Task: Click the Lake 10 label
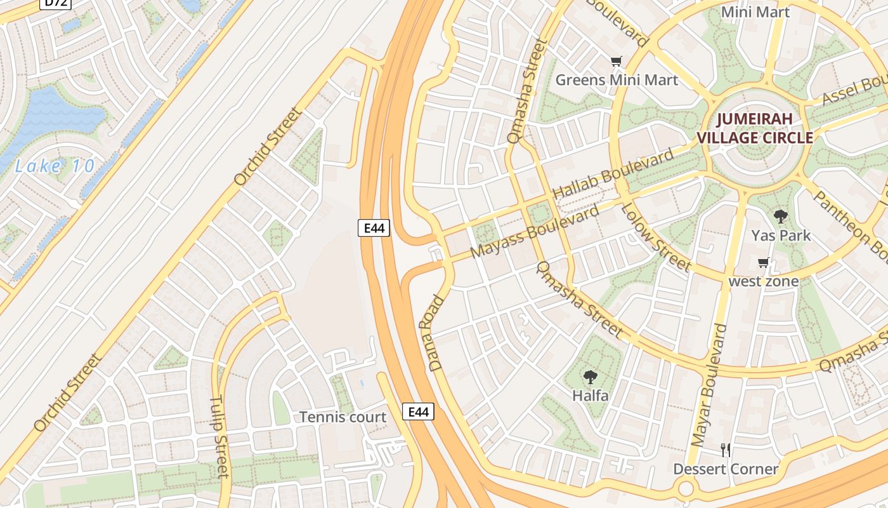point(55,167)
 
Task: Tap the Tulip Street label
point(219,437)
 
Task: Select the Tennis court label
point(343,417)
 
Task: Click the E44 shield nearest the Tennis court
point(418,411)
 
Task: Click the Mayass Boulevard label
point(534,232)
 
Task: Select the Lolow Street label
point(655,236)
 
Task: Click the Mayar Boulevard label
point(708,385)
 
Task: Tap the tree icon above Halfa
point(590,377)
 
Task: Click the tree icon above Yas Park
point(781,216)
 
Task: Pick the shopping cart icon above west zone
point(764,262)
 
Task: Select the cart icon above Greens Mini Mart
point(616,62)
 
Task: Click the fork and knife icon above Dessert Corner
point(726,450)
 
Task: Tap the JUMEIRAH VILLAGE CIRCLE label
point(755,128)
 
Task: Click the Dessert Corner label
point(726,469)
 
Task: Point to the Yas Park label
point(781,236)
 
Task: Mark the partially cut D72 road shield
point(56,3)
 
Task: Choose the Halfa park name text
point(590,396)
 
